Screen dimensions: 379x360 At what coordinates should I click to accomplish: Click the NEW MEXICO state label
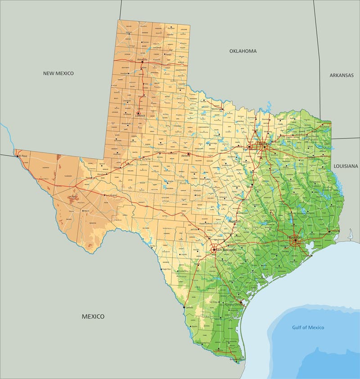(58, 73)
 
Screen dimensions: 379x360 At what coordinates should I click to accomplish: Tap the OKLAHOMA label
(243, 51)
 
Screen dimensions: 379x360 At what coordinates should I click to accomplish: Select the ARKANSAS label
(342, 75)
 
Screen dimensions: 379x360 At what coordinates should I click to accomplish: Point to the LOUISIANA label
(346, 166)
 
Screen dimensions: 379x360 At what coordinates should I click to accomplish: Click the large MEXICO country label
(93, 317)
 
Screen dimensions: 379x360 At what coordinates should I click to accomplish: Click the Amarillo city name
(142, 59)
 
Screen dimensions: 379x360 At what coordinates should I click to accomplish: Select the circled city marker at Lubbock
(139, 113)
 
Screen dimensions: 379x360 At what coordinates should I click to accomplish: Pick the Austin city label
(234, 222)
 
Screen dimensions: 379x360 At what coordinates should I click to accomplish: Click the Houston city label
(295, 237)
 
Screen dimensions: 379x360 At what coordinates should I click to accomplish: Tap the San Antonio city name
(225, 250)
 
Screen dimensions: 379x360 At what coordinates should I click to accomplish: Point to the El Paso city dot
(18, 156)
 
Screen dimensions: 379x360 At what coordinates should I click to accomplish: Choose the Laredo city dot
(185, 308)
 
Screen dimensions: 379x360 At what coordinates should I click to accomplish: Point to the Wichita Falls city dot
(222, 109)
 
